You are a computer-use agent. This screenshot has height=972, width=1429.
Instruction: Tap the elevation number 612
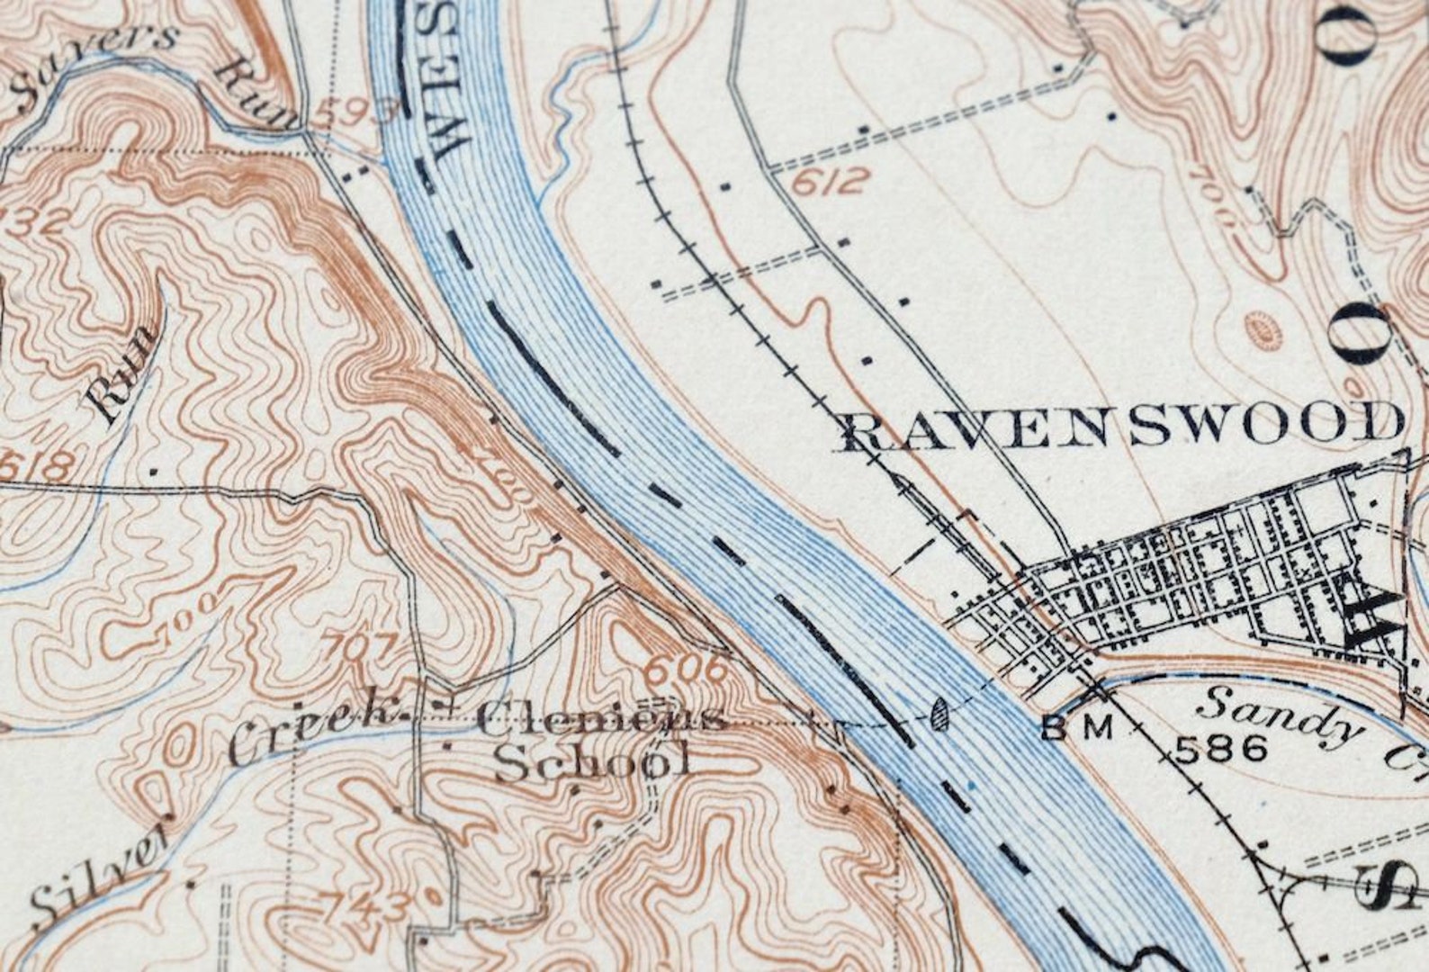(831, 183)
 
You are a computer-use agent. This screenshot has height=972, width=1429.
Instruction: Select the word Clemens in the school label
(601, 718)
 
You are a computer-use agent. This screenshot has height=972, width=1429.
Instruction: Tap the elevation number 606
(686, 668)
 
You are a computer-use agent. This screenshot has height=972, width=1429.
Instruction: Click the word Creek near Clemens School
(310, 731)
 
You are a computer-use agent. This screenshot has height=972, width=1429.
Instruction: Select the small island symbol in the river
(940, 714)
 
